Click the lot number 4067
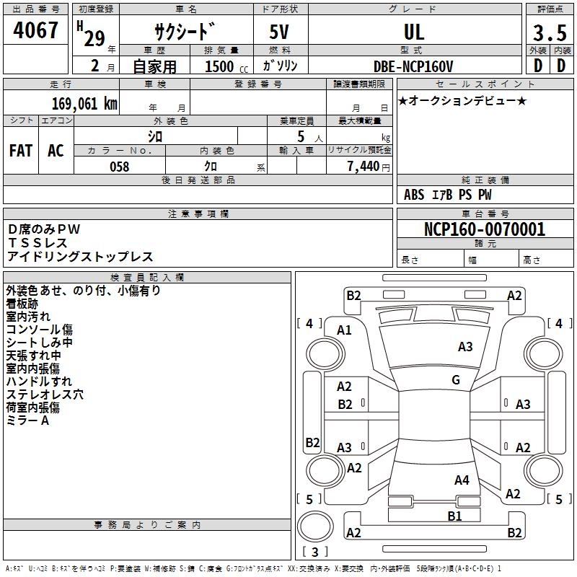(36, 31)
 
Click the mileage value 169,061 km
(85, 104)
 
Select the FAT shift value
(21, 151)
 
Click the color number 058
(119, 167)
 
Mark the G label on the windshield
(456, 380)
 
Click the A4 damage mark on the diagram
(462, 480)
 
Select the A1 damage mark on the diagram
(345, 330)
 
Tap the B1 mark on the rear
(454, 516)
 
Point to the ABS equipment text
(414, 195)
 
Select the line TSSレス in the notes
(38, 243)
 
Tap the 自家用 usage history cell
(154, 66)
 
